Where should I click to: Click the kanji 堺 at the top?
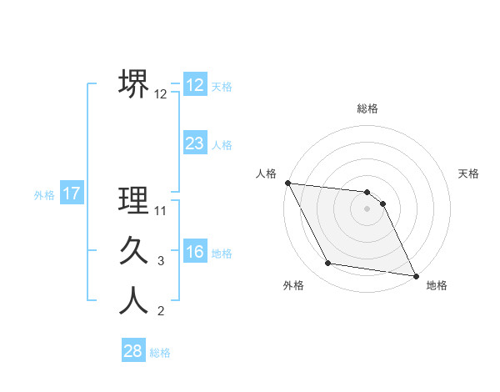134,83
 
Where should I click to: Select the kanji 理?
134,200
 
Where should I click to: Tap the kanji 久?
134,251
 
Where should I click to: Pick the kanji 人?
134,301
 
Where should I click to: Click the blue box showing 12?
195,85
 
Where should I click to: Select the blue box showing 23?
195,143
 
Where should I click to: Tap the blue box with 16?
195,252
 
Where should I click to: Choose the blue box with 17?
71,194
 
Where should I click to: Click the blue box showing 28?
133,351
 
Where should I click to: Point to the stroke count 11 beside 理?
162,211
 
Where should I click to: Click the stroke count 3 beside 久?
161,262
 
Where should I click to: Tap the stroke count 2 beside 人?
161,312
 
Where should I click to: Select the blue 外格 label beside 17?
44,195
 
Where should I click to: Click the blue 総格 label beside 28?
160,353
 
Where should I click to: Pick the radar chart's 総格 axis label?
367,108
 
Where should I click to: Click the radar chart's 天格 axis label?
469,173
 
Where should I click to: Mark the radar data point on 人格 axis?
287,183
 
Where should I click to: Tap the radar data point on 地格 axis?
416,274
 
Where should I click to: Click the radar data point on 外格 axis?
328,264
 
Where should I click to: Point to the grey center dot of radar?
367,209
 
